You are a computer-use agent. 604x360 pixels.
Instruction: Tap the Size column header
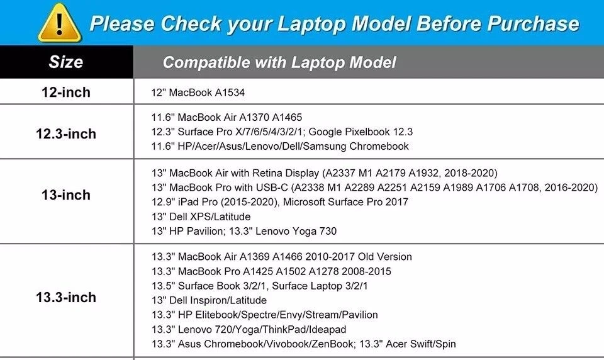pos(65,62)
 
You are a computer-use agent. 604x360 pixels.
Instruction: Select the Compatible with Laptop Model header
pos(279,62)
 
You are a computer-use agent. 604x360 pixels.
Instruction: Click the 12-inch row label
pos(66,92)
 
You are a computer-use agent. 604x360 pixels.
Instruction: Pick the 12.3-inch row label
pos(66,134)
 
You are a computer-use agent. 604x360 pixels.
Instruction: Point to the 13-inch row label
pos(66,195)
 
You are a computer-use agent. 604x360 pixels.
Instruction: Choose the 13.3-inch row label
pos(66,297)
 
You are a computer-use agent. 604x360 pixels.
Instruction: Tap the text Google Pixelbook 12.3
pos(361,132)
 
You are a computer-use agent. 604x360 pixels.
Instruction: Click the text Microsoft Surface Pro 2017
pos(345,202)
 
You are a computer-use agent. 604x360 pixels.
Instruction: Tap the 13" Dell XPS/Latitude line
pos(201,217)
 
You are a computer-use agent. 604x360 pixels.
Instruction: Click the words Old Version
pos(385,257)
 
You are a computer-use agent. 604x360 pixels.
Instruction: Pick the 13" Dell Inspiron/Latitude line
pos(209,300)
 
